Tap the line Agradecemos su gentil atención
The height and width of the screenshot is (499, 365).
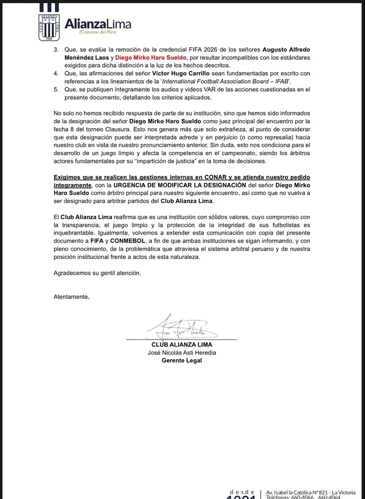click(97, 273)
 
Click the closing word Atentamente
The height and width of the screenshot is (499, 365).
click(71, 297)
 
